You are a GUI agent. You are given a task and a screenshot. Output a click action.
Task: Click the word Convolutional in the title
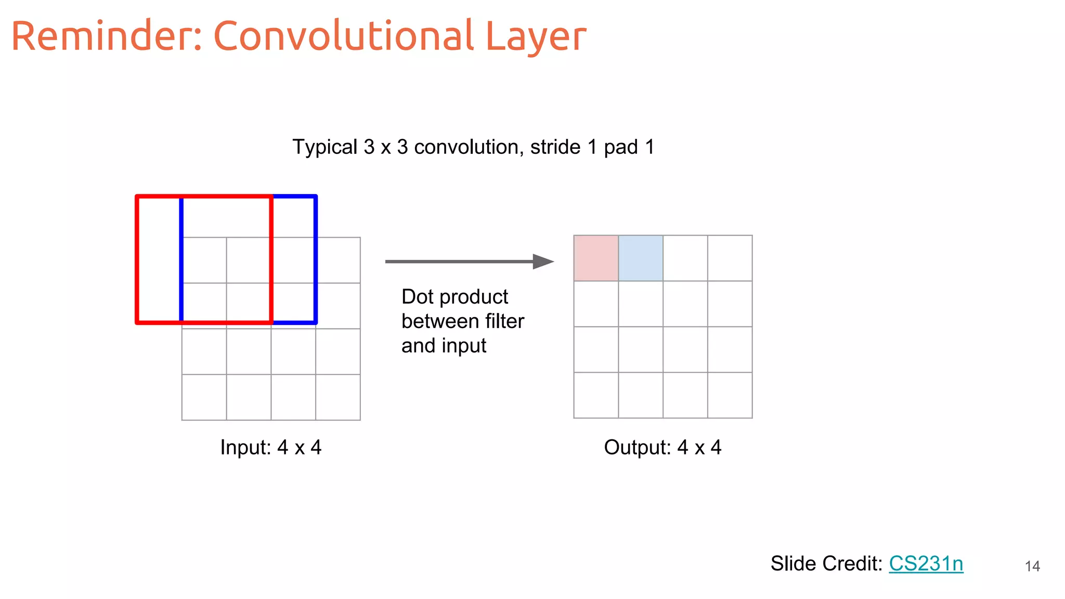click(343, 36)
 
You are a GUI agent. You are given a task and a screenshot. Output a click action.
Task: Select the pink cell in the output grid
click(596, 258)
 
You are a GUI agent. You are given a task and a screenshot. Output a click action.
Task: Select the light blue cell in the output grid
click(641, 258)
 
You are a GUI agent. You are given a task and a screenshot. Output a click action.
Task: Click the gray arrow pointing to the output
click(468, 262)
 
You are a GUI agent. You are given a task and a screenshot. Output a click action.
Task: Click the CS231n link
click(926, 564)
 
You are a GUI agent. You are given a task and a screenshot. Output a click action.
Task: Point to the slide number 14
click(1032, 566)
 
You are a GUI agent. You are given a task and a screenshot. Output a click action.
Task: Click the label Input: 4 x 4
click(270, 447)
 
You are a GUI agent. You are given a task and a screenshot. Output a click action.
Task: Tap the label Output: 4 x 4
click(663, 447)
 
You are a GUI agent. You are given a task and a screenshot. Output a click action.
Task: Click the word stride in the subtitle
click(555, 147)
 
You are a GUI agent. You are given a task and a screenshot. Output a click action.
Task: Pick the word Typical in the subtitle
click(325, 147)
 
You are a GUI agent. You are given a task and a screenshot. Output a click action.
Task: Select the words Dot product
click(454, 297)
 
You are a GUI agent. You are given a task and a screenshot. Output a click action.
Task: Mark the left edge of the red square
click(137, 260)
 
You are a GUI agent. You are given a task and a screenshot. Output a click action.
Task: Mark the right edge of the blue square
click(316, 260)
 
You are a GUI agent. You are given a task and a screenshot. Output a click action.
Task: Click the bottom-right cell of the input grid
click(338, 397)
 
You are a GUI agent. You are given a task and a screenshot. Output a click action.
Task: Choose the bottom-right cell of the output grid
click(730, 395)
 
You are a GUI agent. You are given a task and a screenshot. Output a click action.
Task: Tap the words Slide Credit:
click(826, 564)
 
